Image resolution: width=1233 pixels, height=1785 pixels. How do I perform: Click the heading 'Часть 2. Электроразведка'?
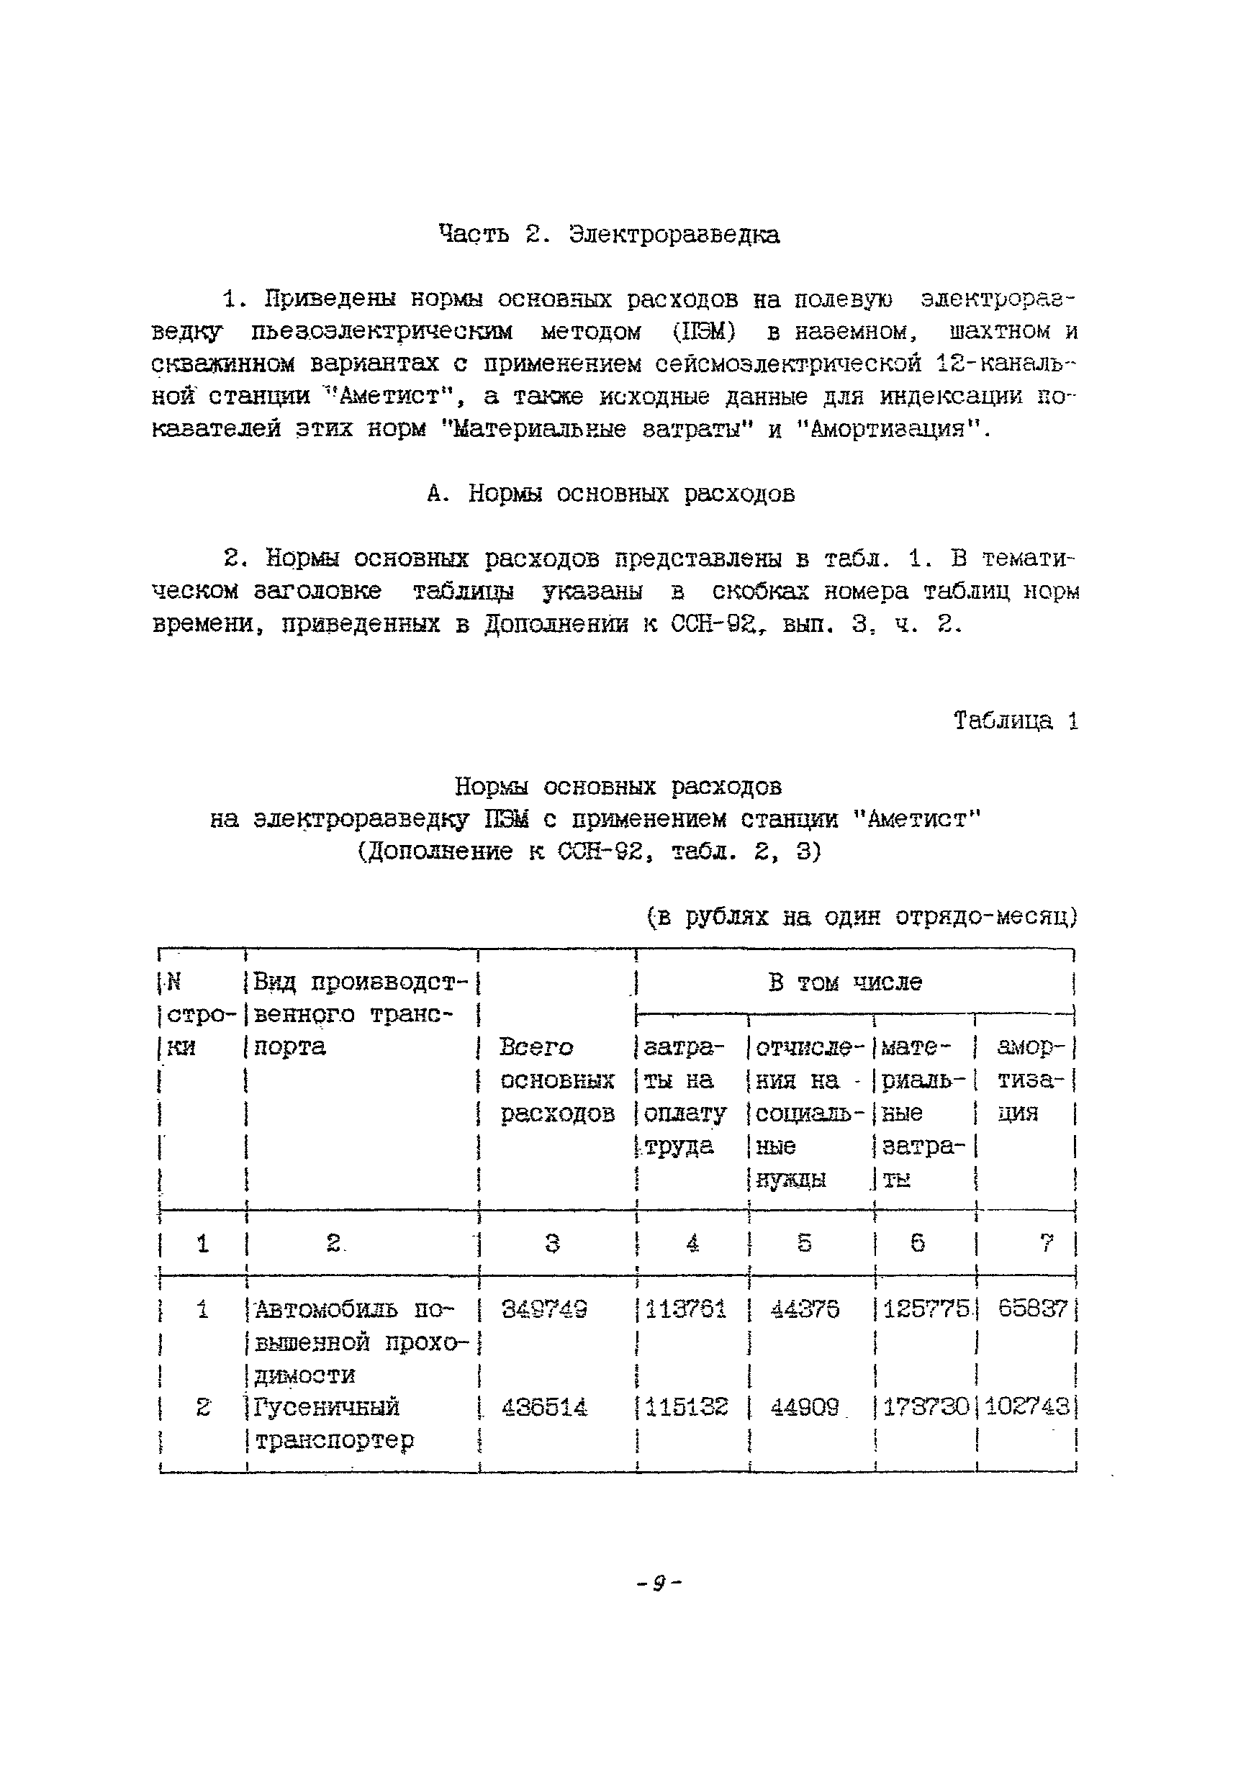(x=609, y=234)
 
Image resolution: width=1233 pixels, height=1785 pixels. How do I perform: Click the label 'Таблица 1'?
(x=1014, y=720)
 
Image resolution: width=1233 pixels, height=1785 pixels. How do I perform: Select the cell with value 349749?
(x=544, y=1309)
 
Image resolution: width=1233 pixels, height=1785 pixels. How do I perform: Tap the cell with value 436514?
(x=544, y=1407)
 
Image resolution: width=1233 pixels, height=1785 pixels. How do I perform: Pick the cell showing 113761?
(x=686, y=1309)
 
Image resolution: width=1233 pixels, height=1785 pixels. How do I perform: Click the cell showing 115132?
(x=686, y=1407)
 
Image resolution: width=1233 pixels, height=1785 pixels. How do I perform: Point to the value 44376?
(x=805, y=1309)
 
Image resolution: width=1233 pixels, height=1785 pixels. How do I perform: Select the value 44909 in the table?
(x=805, y=1407)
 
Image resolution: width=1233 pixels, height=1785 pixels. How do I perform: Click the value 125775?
(x=925, y=1309)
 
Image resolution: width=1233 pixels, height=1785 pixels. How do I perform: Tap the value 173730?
(x=925, y=1407)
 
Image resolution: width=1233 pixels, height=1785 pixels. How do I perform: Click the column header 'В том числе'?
(x=845, y=982)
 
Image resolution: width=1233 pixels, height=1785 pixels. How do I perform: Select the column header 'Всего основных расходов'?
(x=557, y=1080)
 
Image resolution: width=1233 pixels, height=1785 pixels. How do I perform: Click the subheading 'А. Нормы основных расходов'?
(x=610, y=494)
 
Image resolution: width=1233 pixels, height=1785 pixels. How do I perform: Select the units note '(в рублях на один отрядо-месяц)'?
(x=861, y=917)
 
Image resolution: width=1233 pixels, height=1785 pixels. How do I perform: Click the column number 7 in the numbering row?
(x=1046, y=1244)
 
